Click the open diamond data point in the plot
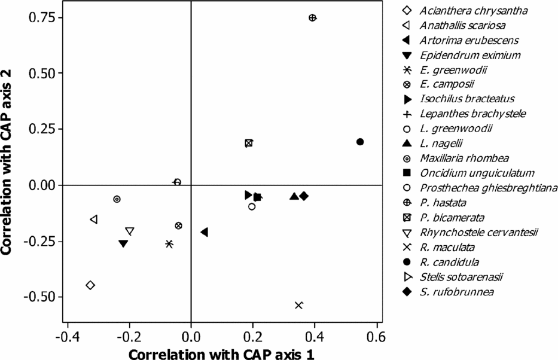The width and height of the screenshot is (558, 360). [90, 285]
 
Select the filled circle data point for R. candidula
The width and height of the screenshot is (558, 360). [360, 142]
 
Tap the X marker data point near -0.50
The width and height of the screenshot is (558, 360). [299, 305]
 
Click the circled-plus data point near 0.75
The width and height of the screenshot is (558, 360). [312, 18]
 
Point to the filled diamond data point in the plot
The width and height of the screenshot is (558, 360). [304, 196]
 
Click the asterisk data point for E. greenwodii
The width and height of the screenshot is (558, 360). [169, 244]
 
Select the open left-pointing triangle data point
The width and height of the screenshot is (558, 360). [94, 219]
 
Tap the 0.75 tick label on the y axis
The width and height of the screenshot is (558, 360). [42, 18]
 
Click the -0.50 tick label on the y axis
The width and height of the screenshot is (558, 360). [39, 297]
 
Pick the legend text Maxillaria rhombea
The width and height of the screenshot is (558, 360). [464, 158]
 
